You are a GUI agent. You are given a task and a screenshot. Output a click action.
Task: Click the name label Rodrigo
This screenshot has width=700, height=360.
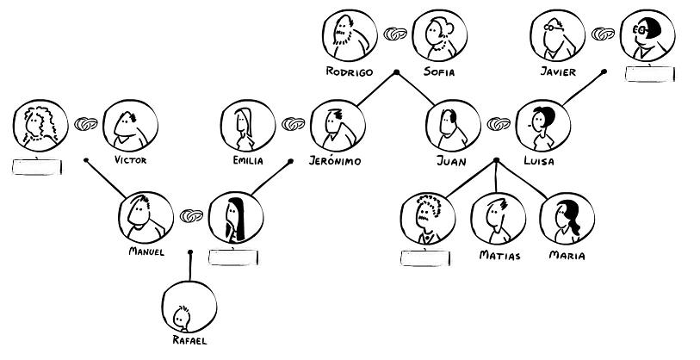click(350, 71)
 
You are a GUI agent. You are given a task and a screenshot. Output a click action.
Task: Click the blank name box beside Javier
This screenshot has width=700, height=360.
click(650, 73)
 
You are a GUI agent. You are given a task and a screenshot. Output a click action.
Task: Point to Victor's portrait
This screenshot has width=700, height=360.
click(129, 127)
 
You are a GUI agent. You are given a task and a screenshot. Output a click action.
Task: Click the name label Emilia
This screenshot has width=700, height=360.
click(247, 160)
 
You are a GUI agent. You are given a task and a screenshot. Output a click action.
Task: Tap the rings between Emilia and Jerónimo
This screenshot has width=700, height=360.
click(292, 126)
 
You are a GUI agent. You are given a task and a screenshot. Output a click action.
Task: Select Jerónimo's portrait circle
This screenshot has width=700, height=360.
click(337, 125)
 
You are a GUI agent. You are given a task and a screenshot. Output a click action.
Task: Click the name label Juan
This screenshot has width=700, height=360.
click(451, 160)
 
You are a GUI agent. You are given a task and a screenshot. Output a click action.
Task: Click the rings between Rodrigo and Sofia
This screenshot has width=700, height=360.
click(395, 34)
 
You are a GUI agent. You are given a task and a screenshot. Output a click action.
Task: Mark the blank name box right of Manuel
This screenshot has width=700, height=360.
click(233, 255)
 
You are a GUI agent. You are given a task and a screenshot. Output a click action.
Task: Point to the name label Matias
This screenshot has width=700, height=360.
click(499, 255)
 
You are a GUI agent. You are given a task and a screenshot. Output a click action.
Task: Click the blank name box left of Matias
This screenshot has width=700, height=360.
click(425, 257)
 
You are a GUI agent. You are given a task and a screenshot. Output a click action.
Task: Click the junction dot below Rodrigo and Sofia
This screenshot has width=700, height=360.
click(396, 71)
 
